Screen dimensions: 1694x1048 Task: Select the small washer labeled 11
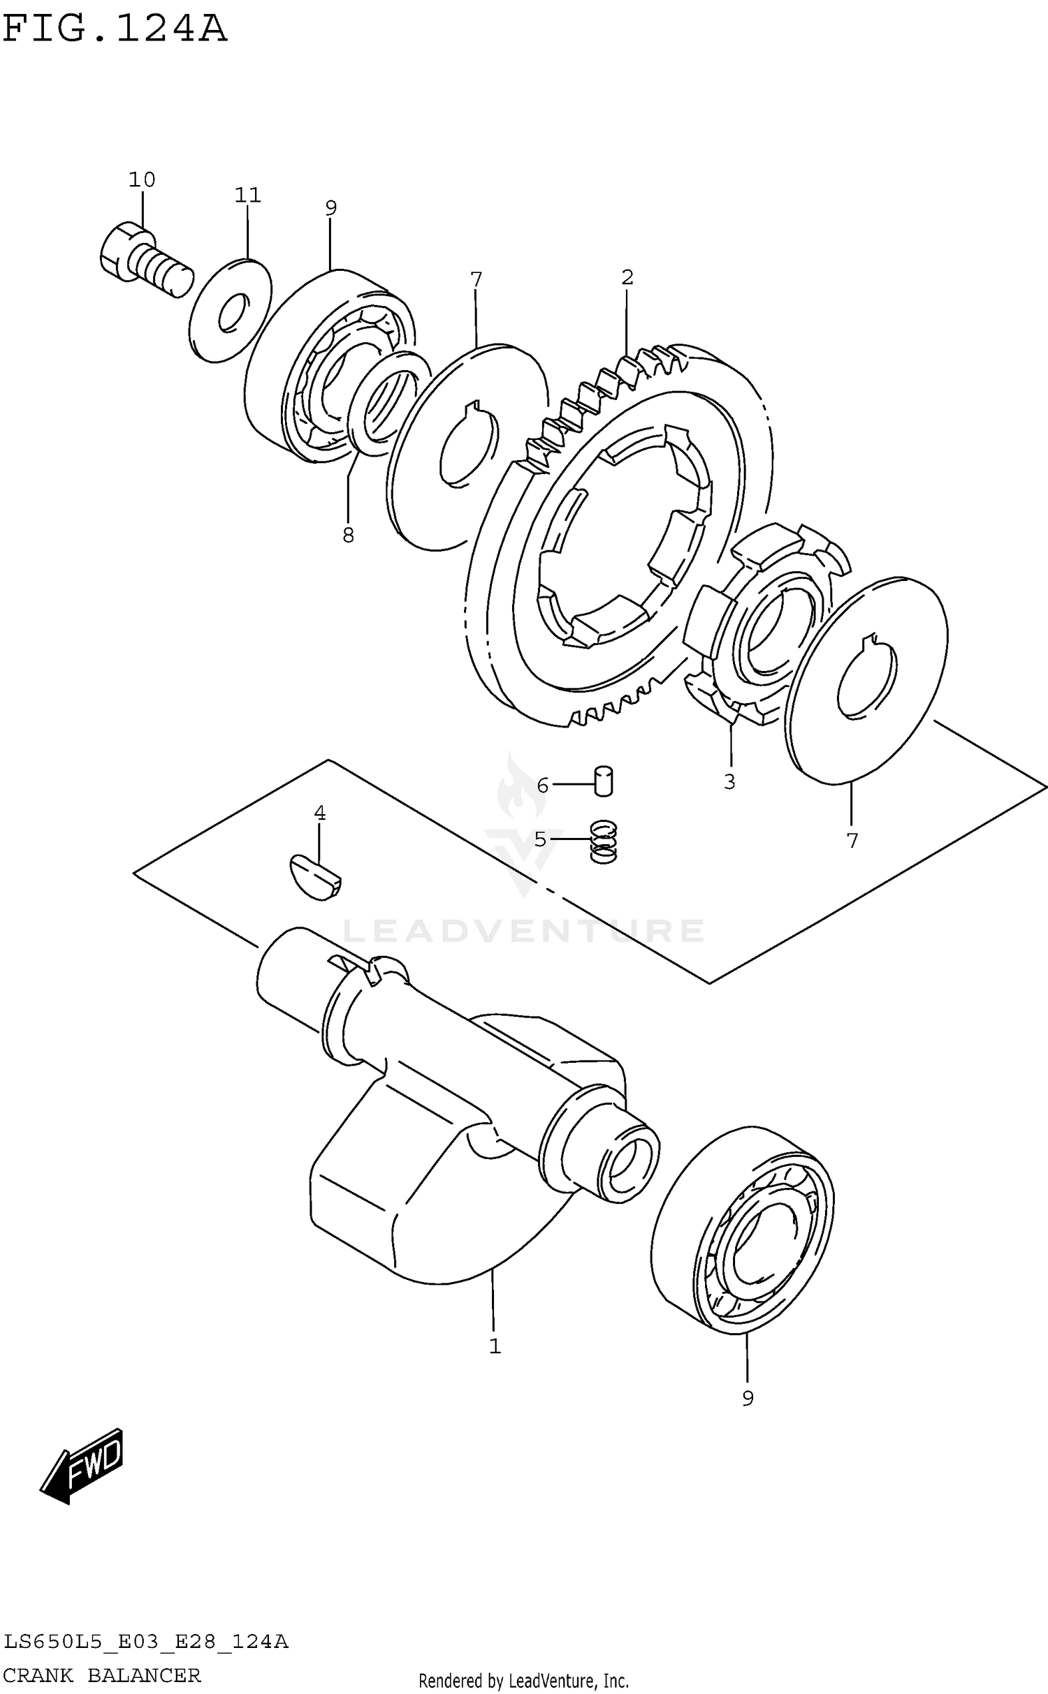[230, 310]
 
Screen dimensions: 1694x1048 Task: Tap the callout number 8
[348, 536]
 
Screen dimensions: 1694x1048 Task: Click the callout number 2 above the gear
[627, 278]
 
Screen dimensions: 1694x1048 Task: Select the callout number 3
[729, 782]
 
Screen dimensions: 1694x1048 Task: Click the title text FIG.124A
[115, 29]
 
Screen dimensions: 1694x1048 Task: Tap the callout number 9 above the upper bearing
[330, 207]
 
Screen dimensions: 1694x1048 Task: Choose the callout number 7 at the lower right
[852, 841]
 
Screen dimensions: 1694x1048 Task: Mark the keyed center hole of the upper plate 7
[470, 448]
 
